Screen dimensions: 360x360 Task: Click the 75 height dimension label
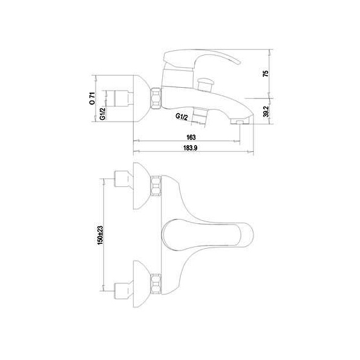(266, 74)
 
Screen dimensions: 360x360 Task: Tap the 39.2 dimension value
(266, 111)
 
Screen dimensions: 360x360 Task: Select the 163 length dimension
(191, 137)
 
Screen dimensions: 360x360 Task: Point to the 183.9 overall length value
(190, 148)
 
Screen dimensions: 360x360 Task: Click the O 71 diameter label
(92, 99)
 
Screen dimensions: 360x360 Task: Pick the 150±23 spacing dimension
(100, 235)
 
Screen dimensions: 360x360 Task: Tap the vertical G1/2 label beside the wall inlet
(103, 114)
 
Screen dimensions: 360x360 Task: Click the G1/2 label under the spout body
(182, 117)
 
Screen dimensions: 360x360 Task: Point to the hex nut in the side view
(156, 98)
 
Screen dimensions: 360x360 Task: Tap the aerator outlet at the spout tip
(239, 121)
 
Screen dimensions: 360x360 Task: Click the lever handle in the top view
(208, 235)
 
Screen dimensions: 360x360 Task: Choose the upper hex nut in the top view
(156, 186)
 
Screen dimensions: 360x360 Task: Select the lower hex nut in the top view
(156, 284)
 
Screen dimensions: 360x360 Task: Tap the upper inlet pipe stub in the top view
(123, 179)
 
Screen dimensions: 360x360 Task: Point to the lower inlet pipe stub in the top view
(123, 291)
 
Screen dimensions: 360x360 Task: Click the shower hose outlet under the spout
(200, 115)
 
